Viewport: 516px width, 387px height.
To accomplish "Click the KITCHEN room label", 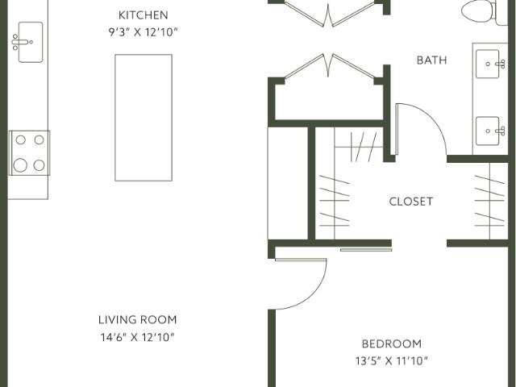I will [x=143, y=15].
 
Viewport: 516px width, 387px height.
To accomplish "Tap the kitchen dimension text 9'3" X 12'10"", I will [x=143, y=31].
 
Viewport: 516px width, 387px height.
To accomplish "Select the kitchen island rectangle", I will [x=143, y=117].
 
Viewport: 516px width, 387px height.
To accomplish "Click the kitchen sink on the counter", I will [x=27, y=41].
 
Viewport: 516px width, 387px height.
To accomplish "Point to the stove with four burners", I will [x=28, y=152].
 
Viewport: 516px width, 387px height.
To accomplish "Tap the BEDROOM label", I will [x=391, y=343].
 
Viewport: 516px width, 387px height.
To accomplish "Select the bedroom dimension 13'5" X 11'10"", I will [x=391, y=360].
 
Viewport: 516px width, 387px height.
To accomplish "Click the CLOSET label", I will [x=410, y=202].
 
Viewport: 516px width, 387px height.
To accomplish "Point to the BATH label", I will [x=431, y=60].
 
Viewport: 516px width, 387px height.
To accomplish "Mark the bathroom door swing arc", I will [x=423, y=129].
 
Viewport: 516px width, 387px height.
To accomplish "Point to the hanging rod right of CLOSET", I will [x=489, y=202].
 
